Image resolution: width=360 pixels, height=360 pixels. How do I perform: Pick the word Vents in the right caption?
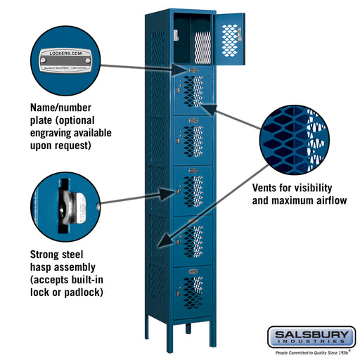click(x=267, y=188)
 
